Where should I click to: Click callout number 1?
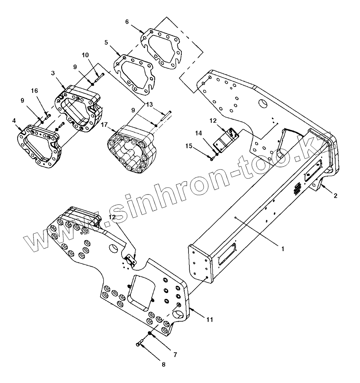pos(283,248)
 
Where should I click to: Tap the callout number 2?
pos(335,196)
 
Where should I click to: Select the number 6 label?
pos(127,22)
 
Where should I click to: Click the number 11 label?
pos(210,319)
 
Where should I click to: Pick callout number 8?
pos(163,364)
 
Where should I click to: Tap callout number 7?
pos(175,354)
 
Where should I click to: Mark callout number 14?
pos(198,133)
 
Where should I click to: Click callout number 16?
pos(35,91)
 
